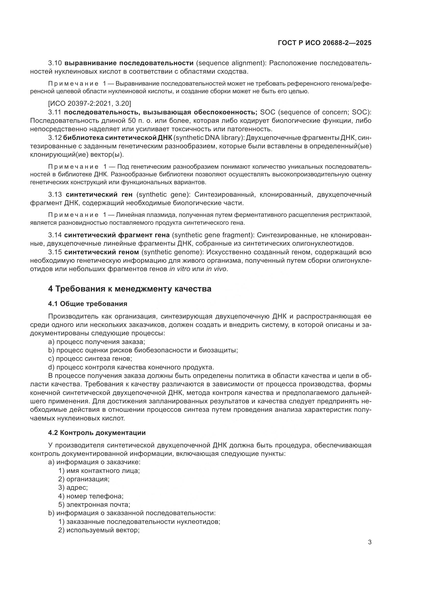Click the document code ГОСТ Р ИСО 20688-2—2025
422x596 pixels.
[325, 43]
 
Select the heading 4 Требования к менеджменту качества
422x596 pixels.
[129, 289]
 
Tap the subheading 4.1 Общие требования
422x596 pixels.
[88, 304]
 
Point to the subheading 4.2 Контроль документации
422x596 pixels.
[97, 433]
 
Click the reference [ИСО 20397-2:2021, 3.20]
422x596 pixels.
[90, 103]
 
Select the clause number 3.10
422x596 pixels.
[55, 63]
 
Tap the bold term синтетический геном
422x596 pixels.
[102, 252]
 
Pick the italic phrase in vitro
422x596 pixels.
[180, 269]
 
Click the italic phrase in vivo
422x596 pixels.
[216, 269]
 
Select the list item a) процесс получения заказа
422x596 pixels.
[96, 342]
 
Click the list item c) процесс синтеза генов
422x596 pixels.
[90, 359]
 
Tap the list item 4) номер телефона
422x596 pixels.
[91, 496]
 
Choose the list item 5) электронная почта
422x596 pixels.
[94, 505]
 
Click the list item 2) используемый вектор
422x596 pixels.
[99, 530]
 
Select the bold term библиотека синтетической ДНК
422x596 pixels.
[116, 138]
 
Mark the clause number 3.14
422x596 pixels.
[55, 235]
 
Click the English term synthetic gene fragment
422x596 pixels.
[213, 235]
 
